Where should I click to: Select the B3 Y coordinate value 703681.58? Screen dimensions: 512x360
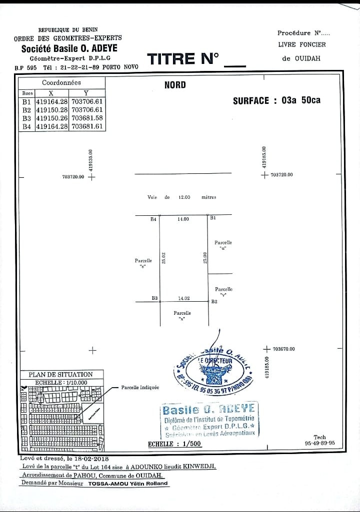coord(87,118)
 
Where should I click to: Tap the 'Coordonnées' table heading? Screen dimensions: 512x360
coord(61,83)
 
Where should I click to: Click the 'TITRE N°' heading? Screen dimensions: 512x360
coord(183,59)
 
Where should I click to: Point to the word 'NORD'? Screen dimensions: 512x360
coord(175,85)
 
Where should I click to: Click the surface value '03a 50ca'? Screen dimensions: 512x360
coord(301,100)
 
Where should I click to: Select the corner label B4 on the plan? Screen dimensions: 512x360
coord(153,219)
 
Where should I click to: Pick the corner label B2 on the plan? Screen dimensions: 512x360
coord(214,301)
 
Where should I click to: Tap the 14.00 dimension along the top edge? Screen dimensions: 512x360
coord(183,219)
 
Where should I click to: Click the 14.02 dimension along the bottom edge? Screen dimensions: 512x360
coord(184,298)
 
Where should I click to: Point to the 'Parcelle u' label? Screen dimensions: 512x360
coord(223,245)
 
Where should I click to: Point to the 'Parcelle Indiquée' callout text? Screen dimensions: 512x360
coord(140,387)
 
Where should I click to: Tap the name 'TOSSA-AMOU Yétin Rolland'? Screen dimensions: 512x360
coord(127,484)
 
